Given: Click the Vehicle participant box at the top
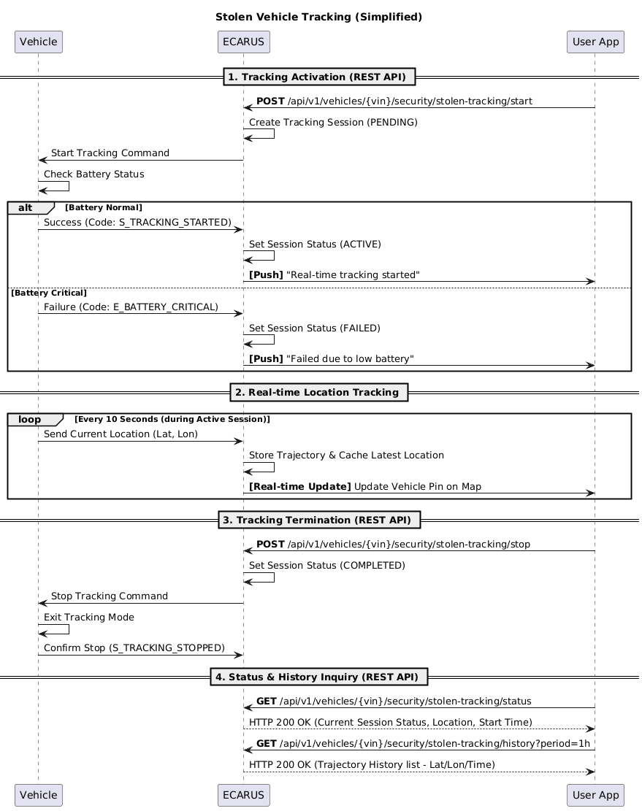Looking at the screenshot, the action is (x=38, y=42).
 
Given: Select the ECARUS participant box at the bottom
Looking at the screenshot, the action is (x=244, y=795).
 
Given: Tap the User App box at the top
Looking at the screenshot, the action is (x=595, y=42).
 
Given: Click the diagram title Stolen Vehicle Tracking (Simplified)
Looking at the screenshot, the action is (x=318, y=17).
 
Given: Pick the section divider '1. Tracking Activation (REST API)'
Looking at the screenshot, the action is (x=319, y=77).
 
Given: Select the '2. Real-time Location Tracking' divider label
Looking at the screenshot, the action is (x=318, y=392).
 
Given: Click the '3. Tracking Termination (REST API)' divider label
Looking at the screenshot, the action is (x=319, y=520).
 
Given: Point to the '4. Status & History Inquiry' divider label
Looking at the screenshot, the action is (x=319, y=677).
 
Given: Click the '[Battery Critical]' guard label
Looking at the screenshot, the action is (x=49, y=293).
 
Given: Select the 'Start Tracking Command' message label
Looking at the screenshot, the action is (x=110, y=153).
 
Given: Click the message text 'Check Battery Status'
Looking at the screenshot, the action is (x=93, y=174).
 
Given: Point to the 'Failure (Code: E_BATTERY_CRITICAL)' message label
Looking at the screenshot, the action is (x=131, y=307).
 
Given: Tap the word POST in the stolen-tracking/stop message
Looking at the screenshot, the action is (x=270, y=544).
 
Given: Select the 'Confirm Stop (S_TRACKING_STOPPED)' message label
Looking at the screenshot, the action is (x=134, y=647).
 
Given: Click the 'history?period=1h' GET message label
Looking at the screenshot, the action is (x=423, y=743).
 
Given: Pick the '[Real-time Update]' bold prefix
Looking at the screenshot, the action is (x=300, y=486).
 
